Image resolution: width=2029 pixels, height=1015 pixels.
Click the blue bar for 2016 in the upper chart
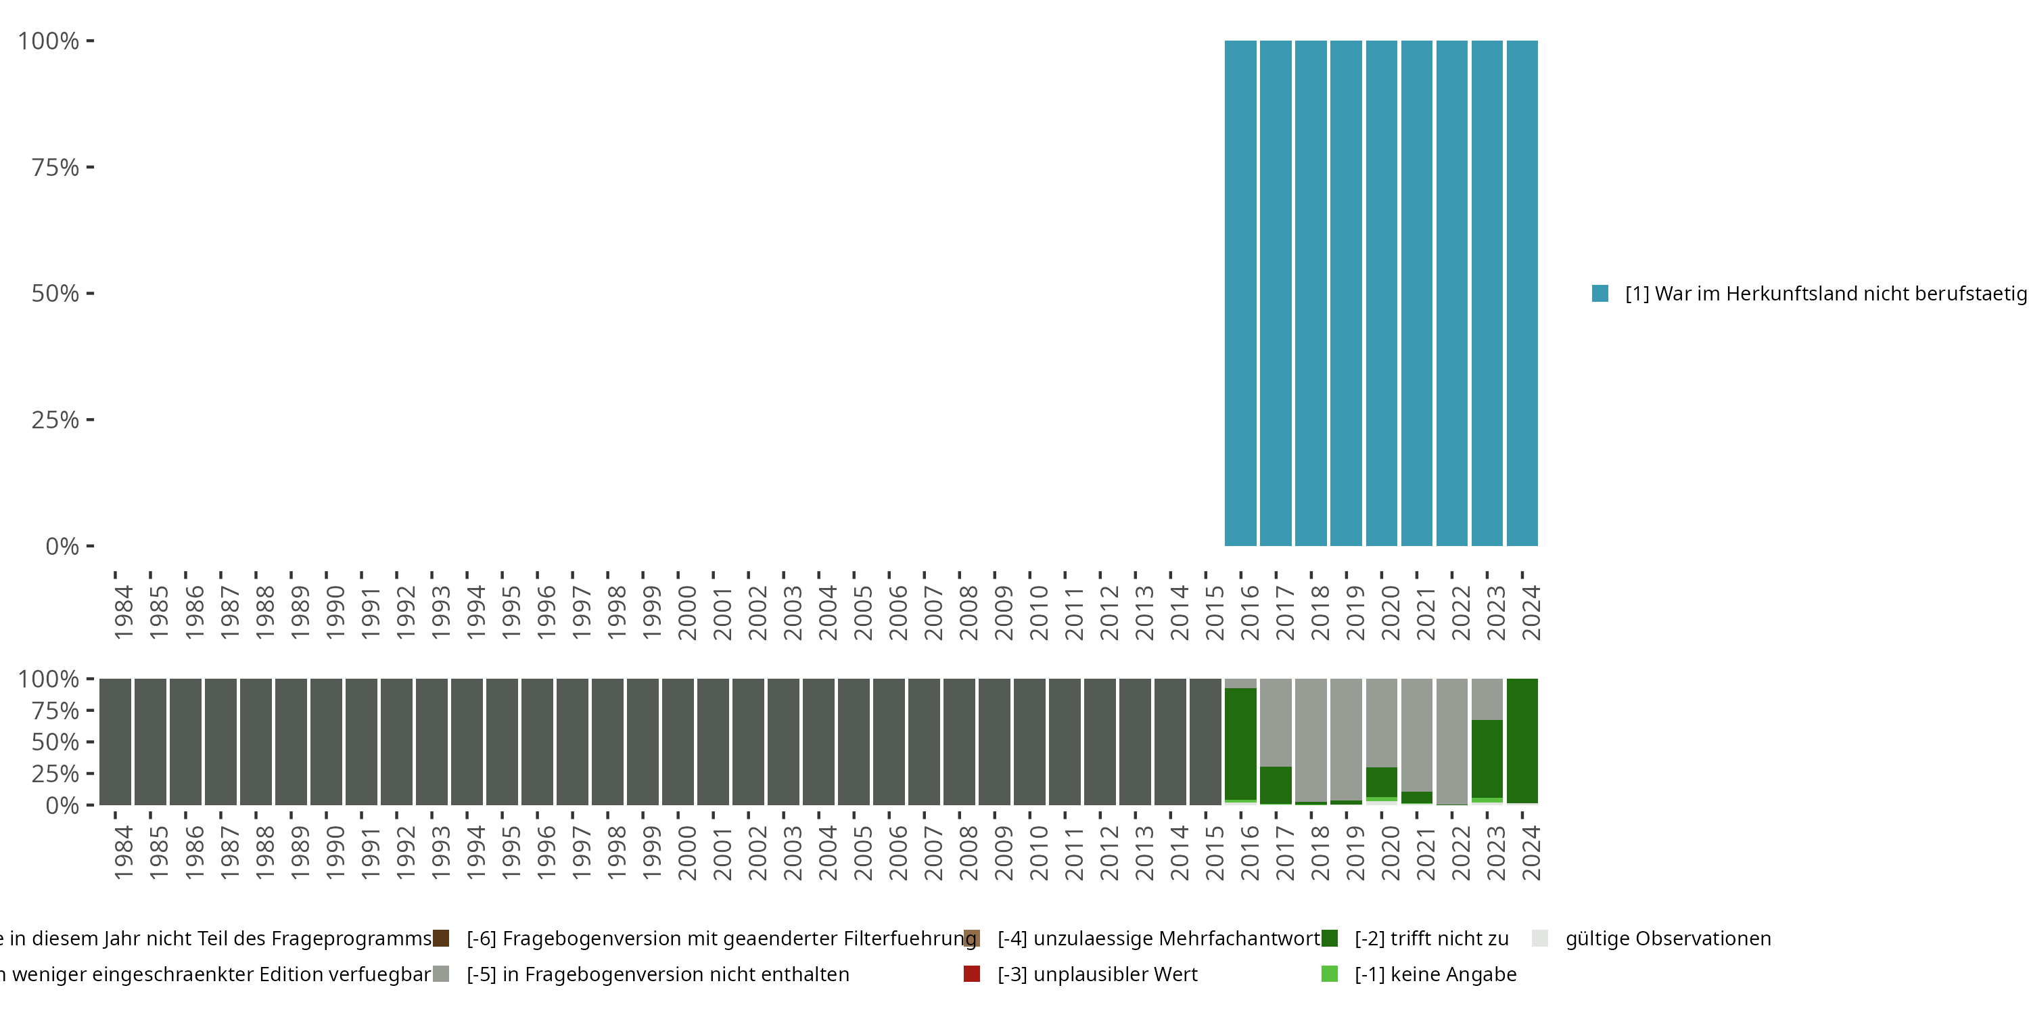click(1240, 293)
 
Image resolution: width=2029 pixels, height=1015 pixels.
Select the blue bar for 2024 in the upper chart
click(1522, 293)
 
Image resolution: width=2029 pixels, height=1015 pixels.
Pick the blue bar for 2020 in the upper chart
click(1382, 293)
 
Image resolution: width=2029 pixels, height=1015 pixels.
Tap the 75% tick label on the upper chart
click(55, 167)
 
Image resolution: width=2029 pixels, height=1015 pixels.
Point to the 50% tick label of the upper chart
click(55, 293)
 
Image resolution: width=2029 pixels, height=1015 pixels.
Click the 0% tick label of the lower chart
click(62, 805)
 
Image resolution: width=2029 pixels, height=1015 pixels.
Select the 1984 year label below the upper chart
click(124, 612)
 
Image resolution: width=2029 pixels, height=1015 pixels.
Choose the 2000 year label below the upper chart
click(687, 612)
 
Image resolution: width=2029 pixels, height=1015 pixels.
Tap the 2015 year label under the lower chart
click(1215, 853)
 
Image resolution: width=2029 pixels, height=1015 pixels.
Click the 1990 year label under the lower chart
click(335, 853)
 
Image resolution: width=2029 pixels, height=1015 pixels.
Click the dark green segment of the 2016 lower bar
click(1240, 744)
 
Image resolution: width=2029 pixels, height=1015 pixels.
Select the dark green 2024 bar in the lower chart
click(1522, 741)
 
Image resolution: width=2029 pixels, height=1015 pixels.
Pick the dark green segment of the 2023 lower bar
click(1487, 758)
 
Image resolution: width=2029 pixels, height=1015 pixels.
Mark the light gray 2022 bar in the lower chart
click(1451, 741)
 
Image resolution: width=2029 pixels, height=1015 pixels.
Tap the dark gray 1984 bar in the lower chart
click(115, 741)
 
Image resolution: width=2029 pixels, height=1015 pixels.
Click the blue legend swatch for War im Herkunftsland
click(1600, 294)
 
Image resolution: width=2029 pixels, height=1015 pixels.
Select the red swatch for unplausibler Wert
click(972, 974)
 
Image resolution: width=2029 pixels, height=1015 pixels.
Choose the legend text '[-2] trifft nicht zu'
click(1431, 939)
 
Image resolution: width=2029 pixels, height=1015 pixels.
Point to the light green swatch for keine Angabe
click(1330, 974)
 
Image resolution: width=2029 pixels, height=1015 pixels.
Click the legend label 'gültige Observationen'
click(1667, 939)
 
